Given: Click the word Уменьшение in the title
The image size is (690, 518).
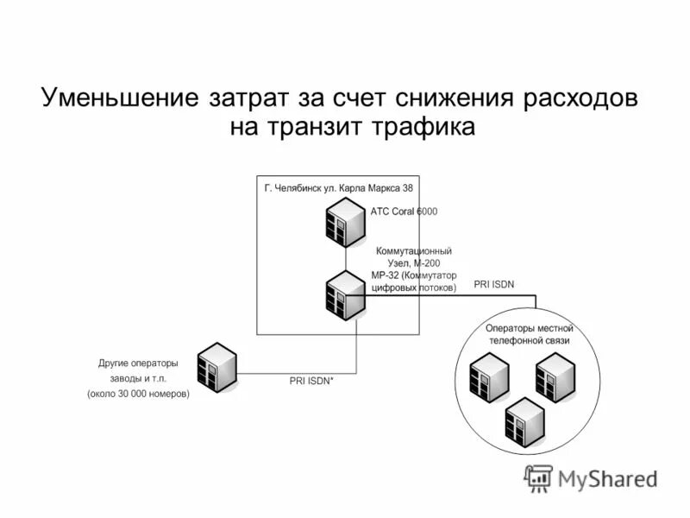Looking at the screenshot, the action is pyautogui.click(x=118, y=98).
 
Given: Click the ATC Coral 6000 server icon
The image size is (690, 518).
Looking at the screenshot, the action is pyautogui.click(x=345, y=223).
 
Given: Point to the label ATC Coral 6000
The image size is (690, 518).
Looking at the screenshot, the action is pyautogui.click(x=403, y=212).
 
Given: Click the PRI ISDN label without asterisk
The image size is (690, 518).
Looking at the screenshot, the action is pyautogui.click(x=493, y=284).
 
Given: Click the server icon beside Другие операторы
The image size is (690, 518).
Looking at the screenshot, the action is pyautogui.click(x=216, y=367).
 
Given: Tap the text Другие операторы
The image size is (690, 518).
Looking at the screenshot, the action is pyautogui.click(x=137, y=363).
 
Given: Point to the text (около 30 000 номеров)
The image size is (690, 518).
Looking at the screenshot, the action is pyautogui.click(x=137, y=395).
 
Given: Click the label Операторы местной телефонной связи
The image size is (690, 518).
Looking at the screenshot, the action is pyautogui.click(x=529, y=334).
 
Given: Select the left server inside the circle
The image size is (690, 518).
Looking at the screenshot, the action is pyautogui.click(x=488, y=378).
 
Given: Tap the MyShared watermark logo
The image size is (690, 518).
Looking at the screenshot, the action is pyautogui.click(x=592, y=477).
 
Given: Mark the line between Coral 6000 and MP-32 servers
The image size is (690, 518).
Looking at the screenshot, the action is pyautogui.click(x=345, y=259).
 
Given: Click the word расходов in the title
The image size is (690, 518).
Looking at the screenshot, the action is pyautogui.click(x=579, y=98).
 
